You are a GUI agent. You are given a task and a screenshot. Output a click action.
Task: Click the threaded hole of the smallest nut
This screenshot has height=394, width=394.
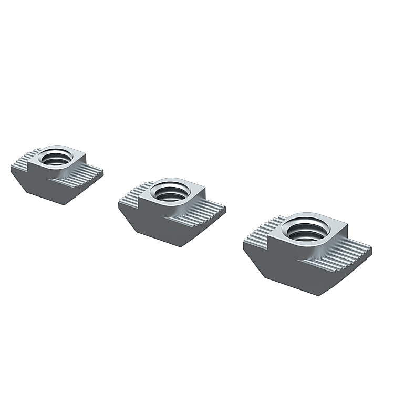[x=55, y=157]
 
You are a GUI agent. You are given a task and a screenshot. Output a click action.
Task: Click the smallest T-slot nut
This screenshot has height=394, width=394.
[x=56, y=173]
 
